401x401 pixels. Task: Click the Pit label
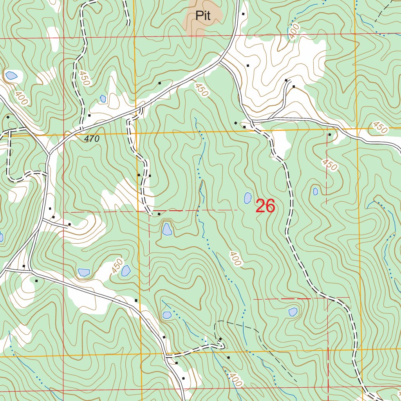(203, 16)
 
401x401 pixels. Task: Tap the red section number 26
(265, 206)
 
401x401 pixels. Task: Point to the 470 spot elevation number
(92, 139)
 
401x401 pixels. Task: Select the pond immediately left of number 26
(247, 198)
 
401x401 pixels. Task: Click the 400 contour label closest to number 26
(235, 258)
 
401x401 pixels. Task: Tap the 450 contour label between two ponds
(117, 266)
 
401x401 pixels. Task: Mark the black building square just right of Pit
(243, 14)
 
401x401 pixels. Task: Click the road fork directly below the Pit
(220, 61)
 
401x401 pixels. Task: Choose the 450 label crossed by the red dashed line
(329, 165)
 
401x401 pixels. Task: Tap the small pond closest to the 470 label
(103, 99)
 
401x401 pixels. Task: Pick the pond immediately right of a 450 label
(126, 271)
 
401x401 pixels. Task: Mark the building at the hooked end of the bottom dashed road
(220, 339)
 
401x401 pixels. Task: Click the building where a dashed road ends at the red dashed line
(159, 214)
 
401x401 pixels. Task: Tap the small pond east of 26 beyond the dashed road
(316, 191)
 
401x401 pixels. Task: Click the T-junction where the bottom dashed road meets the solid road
(167, 356)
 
